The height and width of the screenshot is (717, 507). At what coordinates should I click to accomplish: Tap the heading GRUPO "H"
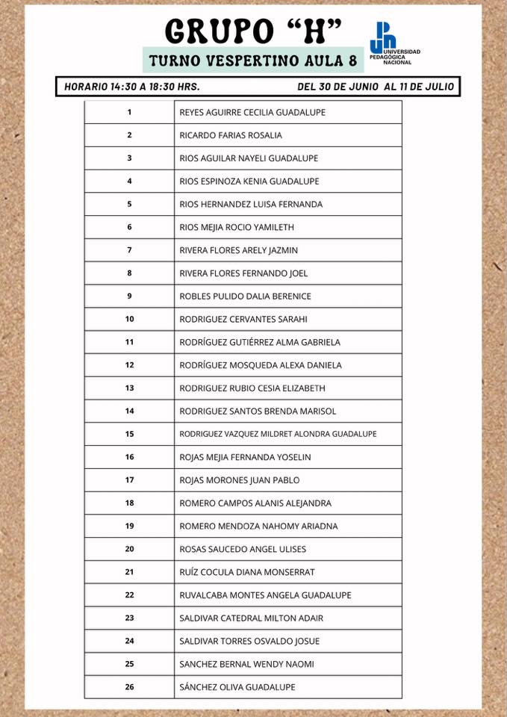pyautogui.click(x=253, y=31)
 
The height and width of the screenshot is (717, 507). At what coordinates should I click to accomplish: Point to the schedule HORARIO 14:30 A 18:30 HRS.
pyautogui.click(x=131, y=87)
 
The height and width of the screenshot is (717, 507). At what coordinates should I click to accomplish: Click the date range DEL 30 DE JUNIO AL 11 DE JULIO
pyautogui.click(x=375, y=87)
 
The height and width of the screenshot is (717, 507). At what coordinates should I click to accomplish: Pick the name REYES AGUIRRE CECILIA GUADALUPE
pyautogui.click(x=252, y=112)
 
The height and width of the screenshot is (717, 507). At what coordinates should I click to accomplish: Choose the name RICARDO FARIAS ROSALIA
pyautogui.click(x=231, y=135)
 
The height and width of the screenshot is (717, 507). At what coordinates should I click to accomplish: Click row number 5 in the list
pyautogui.click(x=129, y=204)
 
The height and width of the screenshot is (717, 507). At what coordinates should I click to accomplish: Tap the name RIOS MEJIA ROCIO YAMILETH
pyautogui.click(x=237, y=227)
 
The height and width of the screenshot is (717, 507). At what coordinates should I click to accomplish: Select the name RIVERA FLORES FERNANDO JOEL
pyautogui.click(x=243, y=273)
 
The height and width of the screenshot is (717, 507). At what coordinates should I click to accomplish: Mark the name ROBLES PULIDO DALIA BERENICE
pyautogui.click(x=245, y=296)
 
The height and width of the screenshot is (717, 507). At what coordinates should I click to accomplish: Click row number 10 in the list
pyautogui.click(x=129, y=319)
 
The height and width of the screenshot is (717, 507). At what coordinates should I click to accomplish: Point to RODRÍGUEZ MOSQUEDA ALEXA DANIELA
pyautogui.click(x=261, y=365)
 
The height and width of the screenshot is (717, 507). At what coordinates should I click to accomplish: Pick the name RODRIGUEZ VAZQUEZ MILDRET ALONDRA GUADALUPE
pyautogui.click(x=278, y=434)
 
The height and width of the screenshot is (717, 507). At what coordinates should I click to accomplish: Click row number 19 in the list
pyautogui.click(x=129, y=526)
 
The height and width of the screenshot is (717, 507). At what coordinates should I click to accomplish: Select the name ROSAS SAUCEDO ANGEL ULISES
pyautogui.click(x=243, y=549)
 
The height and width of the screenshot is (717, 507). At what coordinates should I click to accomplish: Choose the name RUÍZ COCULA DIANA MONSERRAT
pyautogui.click(x=247, y=572)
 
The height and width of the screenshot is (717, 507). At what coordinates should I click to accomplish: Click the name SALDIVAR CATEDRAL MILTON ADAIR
pyautogui.click(x=251, y=618)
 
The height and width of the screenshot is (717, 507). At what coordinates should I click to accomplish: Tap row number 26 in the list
pyautogui.click(x=129, y=687)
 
